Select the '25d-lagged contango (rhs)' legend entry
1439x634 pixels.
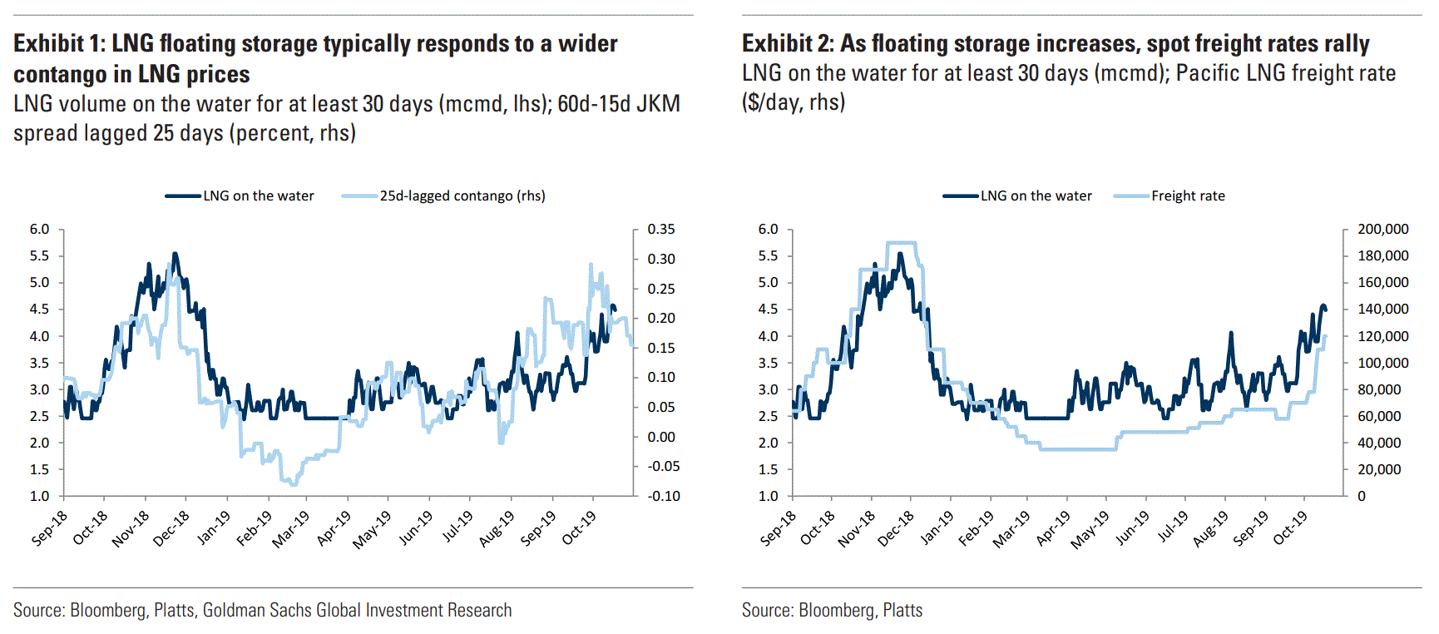click(x=462, y=196)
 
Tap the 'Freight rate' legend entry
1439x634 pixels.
click(x=1188, y=196)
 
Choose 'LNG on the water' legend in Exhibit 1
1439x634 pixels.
click(x=258, y=196)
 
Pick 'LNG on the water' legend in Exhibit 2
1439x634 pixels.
click(x=1036, y=196)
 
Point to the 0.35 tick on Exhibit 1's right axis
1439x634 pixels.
click(x=661, y=229)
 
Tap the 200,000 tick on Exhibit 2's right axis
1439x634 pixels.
click(x=1382, y=229)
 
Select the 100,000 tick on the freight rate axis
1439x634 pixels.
click(x=1382, y=363)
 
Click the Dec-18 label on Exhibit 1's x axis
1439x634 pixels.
click(x=171, y=528)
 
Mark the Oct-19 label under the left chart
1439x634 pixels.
click(x=579, y=528)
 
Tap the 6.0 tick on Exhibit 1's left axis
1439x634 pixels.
click(x=40, y=229)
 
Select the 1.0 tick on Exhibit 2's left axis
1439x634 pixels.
click(x=768, y=496)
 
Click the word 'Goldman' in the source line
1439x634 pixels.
click(x=234, y=610)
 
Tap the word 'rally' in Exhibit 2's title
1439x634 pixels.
click(x=1347, y=43)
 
